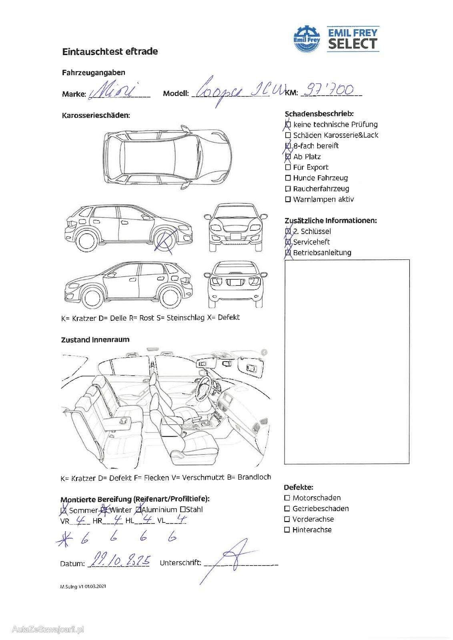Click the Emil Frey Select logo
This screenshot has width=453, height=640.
(336, 39)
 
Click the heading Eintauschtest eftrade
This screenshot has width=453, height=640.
(110, 52)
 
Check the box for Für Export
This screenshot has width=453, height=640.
(288, 167)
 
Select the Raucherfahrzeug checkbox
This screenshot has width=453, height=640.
(288, 189)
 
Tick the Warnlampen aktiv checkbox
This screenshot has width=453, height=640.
(288, 199)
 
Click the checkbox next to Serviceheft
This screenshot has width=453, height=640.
(288, 242)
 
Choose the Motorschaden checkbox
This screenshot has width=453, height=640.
(287, 498)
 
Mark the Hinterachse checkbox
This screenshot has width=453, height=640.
(287, 530)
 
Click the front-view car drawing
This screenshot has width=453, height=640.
(235, 227)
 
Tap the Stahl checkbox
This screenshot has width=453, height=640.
(183, 510)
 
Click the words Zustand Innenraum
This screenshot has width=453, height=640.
(95, 340)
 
